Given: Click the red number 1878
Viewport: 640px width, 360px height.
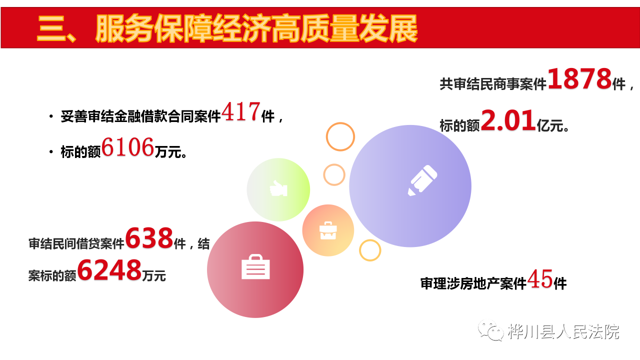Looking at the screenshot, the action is [579, 78].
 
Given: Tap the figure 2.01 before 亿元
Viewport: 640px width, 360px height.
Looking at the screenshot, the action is [508, 120].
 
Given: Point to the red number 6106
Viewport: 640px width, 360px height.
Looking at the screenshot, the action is [127, 147].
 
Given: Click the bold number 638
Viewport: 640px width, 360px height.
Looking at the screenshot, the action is [149, 237].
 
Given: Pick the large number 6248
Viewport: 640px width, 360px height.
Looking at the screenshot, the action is [109, 269].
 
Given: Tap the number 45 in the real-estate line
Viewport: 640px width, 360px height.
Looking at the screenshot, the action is [540, 279].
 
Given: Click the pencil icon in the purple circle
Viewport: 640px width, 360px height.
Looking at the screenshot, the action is [422, 180].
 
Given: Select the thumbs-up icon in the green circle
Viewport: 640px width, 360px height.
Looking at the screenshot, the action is [278, 188].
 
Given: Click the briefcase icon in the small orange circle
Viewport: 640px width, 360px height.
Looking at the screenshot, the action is [328, 230].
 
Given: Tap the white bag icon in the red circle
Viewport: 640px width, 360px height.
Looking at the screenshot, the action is [255, 266].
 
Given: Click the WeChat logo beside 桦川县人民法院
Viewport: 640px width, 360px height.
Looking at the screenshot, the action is [491, 330].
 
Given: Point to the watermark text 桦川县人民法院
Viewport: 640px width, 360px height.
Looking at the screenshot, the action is [563, 331].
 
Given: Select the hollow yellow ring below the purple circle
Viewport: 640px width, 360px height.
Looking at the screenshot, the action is [370, 250].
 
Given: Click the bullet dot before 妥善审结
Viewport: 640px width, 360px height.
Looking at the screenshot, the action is [51, 116].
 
